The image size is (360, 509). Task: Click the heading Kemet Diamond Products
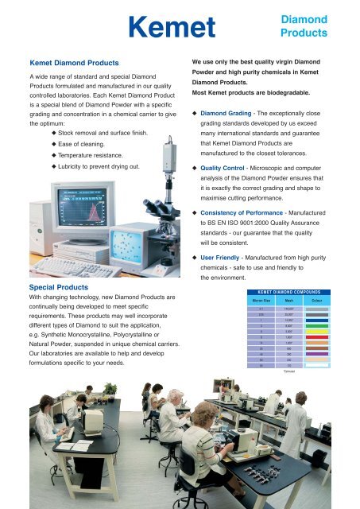[x=74, y=61]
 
